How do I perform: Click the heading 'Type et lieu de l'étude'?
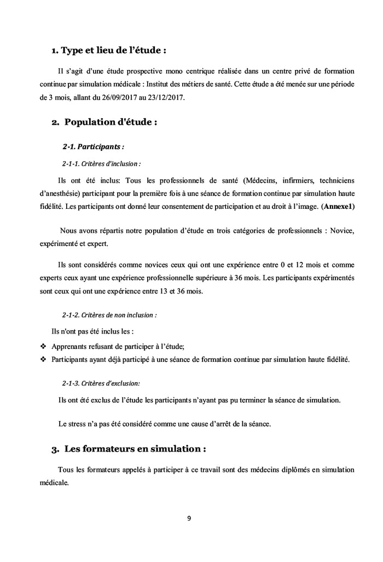108,51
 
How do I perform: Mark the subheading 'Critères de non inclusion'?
109,315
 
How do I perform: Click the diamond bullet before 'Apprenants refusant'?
43,347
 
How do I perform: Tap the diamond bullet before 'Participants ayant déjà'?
43,360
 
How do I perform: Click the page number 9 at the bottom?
189,519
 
